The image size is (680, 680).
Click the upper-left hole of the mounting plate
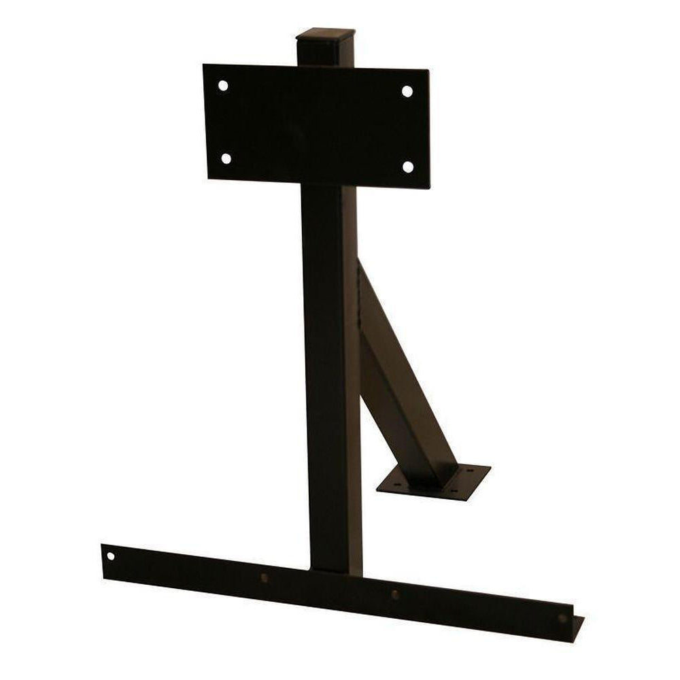[223, 86]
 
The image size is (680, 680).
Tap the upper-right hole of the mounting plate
[407, 91]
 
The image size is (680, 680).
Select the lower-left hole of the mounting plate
[226, 159]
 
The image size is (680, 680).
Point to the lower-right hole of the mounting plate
[407, 166]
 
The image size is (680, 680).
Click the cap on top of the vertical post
[325, 34]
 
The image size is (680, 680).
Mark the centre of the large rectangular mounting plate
[317, 125]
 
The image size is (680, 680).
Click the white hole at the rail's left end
[110, 556]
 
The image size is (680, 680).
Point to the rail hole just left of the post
[264, 578]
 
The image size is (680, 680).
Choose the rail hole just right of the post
[394, 594]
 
